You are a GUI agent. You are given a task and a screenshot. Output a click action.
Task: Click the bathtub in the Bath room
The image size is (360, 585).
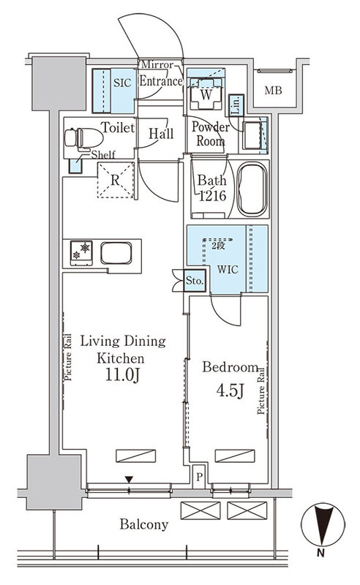252,189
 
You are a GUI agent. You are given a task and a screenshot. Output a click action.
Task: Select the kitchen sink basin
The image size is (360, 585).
116,253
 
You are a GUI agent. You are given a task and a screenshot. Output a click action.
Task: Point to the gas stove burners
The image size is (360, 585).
81,252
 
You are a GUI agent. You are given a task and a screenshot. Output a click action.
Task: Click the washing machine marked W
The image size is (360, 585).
206,94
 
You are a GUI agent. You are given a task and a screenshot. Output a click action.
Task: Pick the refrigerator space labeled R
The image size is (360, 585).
116,180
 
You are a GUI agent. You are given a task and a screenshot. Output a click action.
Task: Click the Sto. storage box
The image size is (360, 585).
195,280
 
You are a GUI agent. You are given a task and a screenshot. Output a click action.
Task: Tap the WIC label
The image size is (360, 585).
228,269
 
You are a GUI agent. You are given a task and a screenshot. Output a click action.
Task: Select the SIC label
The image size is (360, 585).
122,83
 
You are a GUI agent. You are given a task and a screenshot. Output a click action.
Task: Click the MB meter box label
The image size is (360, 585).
274,90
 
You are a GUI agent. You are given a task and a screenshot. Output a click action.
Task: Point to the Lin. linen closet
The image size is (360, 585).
236,105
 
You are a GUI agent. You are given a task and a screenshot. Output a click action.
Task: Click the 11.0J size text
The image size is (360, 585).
122,374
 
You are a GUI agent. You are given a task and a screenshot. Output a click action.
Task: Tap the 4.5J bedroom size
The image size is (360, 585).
230,390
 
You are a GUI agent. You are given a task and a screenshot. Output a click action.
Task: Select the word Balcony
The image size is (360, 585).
143,524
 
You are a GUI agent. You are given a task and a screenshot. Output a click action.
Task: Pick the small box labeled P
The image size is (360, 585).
200,477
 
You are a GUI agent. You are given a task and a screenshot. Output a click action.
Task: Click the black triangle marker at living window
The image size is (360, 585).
129,480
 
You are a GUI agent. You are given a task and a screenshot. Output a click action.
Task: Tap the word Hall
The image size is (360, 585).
161,133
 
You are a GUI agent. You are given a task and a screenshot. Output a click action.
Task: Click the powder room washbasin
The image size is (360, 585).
255,135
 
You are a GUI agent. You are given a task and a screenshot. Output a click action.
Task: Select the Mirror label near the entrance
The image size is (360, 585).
157,65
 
